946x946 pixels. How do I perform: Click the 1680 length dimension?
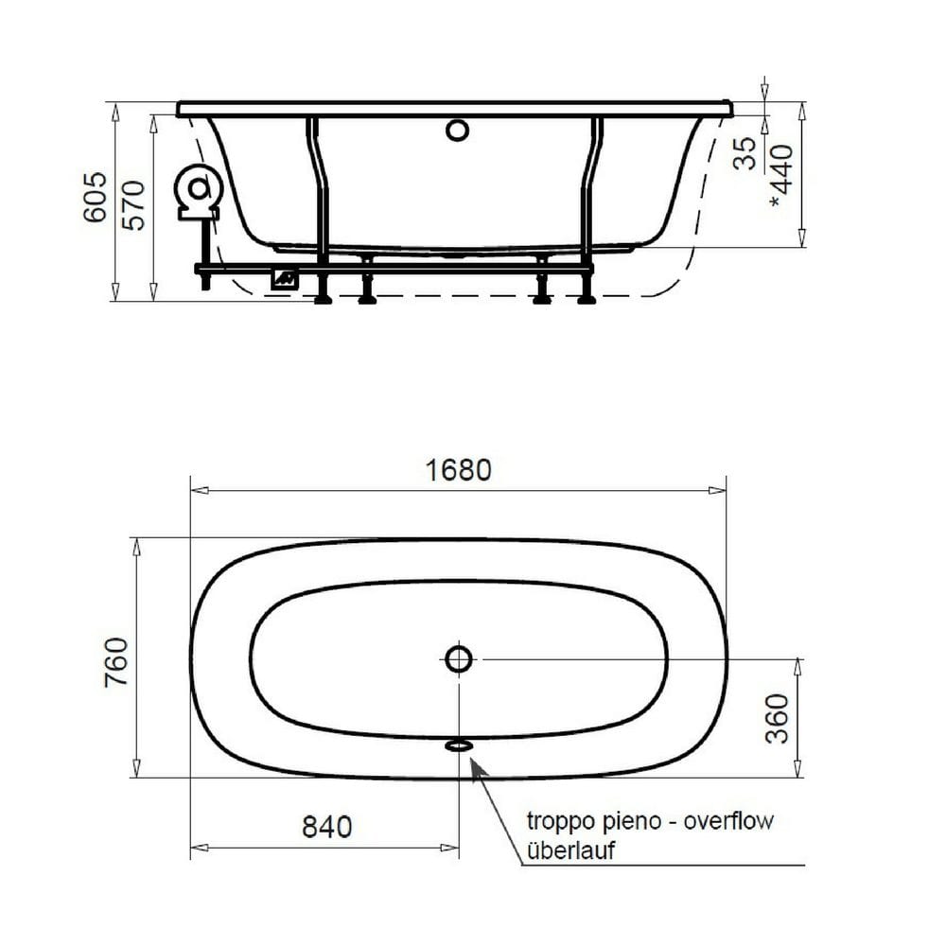coord(459,470)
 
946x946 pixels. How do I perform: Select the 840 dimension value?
coord(327,827)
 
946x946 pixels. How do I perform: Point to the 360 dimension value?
coord(777,719)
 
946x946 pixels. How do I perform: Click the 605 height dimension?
coord(96,198)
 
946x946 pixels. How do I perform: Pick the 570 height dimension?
coord(134,205)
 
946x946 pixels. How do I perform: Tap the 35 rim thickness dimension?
coord(745,154)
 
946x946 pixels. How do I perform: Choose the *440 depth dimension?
coord(781,177)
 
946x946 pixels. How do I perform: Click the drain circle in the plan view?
coord(459,658)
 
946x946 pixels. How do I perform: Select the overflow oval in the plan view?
coord(459,745)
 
